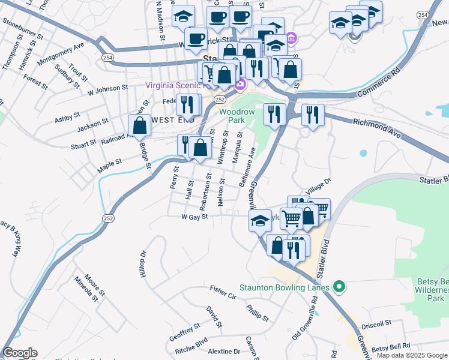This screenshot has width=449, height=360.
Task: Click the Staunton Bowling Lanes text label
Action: coord(285,287)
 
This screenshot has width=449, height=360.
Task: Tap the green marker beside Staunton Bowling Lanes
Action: coord(339,287)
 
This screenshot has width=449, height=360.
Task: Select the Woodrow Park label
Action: coord(237,116)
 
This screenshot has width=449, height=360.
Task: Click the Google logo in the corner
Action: coord(19,353)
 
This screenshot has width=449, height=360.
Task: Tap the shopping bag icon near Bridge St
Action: coord(140,126)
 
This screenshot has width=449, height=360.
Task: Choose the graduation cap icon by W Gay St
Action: coord(261,221)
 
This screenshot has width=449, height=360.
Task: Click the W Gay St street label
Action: coord(194,217)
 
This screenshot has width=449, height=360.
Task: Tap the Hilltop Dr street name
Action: coord(143,264)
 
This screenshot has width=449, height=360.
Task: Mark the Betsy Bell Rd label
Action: coord(391,347)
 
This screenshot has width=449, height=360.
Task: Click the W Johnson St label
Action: coord(107,90)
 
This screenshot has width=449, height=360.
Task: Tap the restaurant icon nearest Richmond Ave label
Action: coord(313,115)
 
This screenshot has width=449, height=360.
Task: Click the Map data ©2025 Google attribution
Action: coord(412,355)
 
